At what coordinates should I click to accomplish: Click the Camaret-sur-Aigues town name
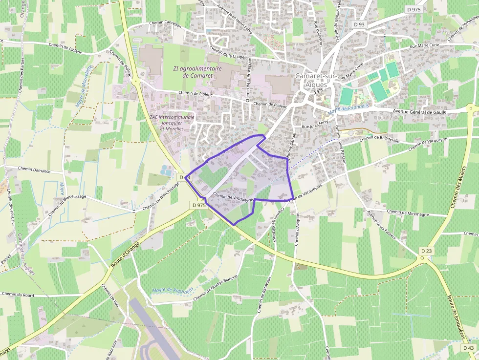point(312,80)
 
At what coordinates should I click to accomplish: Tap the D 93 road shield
point(358,24)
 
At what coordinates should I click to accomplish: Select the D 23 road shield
point(426,251)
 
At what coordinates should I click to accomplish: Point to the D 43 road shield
point(468,348)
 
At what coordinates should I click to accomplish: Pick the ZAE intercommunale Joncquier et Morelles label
point(172,123)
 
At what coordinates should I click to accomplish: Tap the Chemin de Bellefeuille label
point(379,139)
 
